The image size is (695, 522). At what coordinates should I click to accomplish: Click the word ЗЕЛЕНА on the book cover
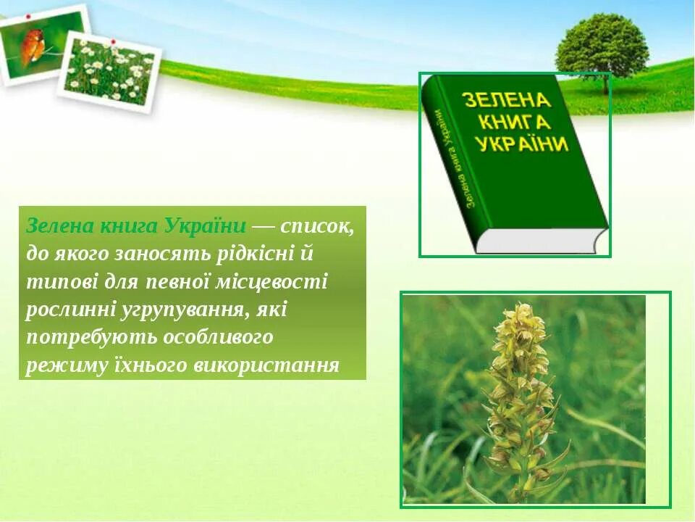[x=507, y=100]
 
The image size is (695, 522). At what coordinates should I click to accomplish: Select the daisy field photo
[x=109, y=72]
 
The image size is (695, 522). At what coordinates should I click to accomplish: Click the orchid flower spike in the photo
[x=520, y=391]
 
